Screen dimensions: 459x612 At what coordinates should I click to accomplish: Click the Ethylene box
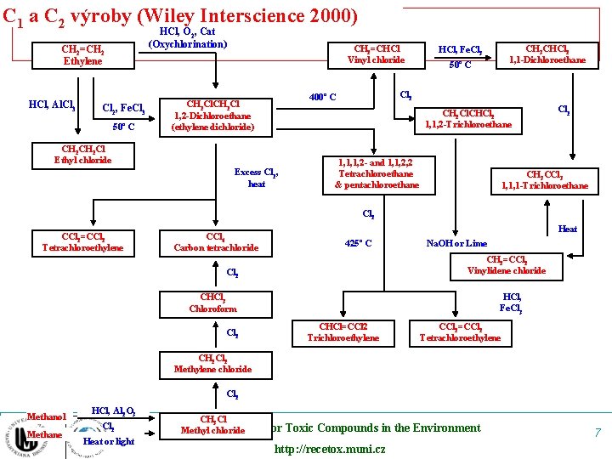82,55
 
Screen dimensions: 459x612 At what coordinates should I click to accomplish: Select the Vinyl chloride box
377,54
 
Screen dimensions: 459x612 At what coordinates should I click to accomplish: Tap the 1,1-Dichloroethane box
547,54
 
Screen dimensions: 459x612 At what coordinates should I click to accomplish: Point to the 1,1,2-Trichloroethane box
468,118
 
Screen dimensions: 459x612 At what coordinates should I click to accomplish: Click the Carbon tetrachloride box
216,242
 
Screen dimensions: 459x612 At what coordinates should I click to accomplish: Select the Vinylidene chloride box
506,265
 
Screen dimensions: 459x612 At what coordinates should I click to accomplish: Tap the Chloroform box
212,303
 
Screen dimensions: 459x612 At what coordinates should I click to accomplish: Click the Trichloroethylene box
343,332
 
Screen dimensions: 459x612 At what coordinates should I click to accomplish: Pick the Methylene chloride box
212,364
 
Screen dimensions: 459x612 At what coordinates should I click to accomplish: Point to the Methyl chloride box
212,424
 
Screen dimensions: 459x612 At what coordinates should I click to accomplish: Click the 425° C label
358,244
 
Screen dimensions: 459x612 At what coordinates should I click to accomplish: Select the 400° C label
322,97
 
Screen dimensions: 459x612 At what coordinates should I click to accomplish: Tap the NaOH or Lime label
456,244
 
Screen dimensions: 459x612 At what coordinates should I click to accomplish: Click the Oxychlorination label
188,43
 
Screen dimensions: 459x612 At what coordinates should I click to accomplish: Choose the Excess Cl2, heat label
257,178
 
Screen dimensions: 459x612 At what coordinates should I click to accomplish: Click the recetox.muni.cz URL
329,449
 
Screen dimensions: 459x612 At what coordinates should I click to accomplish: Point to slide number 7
597,433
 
